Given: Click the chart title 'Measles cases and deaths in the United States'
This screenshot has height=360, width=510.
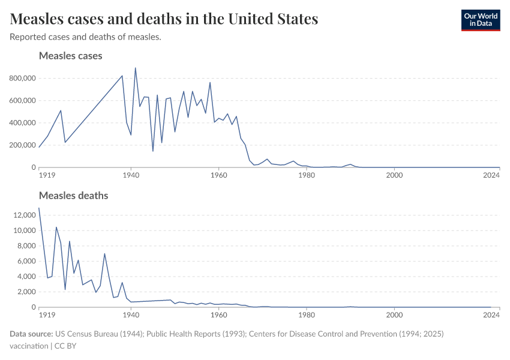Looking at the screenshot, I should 164,19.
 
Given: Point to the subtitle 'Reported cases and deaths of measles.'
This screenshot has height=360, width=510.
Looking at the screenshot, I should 85,37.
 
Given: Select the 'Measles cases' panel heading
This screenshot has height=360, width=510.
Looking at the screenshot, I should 70,56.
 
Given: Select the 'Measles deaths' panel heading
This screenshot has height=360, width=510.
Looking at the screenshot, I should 73,196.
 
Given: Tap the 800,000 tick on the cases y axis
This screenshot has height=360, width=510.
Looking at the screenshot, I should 23,78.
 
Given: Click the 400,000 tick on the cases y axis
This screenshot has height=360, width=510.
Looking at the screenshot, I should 23,123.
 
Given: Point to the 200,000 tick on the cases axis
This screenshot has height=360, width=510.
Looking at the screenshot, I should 23,145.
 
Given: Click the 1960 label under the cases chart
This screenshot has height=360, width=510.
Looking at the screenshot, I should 219,175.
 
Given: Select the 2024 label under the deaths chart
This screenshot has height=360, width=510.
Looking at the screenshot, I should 491,315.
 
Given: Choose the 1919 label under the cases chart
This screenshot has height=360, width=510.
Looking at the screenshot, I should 47,175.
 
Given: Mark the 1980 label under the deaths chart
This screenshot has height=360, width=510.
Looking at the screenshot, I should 307,315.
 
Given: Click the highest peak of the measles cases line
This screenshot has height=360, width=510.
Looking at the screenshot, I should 135,68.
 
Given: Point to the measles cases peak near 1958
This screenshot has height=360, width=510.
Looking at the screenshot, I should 210,82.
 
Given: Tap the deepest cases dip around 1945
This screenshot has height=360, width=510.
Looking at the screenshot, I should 153,151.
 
